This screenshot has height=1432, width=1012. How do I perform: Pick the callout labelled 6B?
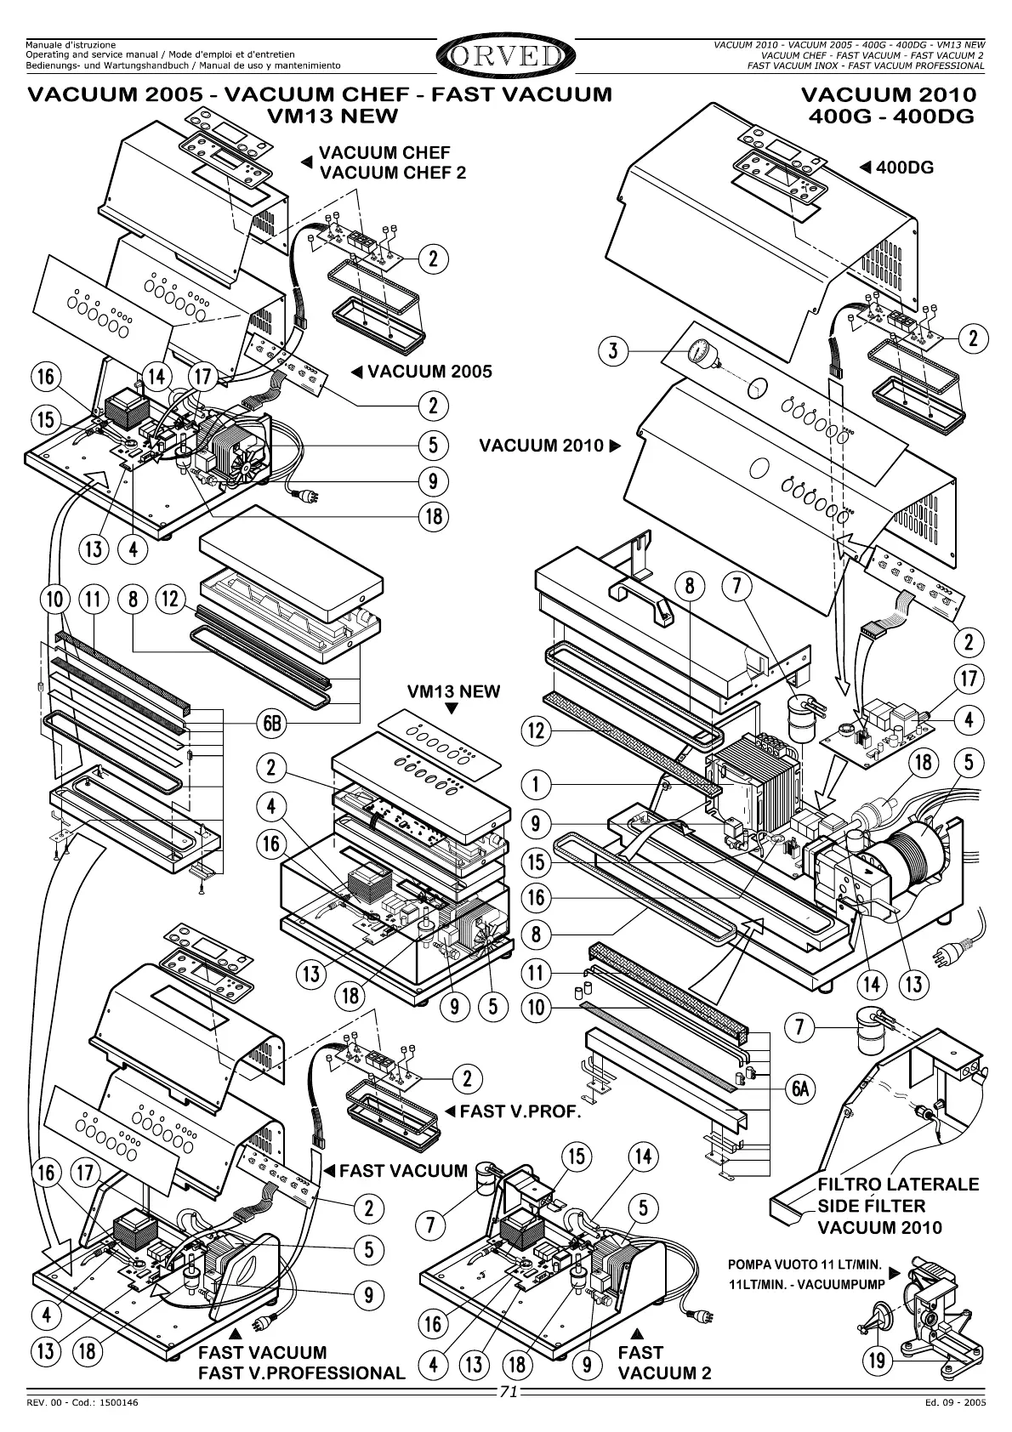[x=272, y=724]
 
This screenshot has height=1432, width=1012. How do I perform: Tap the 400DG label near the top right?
[x=904, y=168]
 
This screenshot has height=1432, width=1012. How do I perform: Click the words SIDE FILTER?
[x=871, y=1205]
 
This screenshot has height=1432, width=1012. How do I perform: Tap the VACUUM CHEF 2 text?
[x=392, y=173]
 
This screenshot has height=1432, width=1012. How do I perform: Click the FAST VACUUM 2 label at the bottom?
[x=664, y=1362]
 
